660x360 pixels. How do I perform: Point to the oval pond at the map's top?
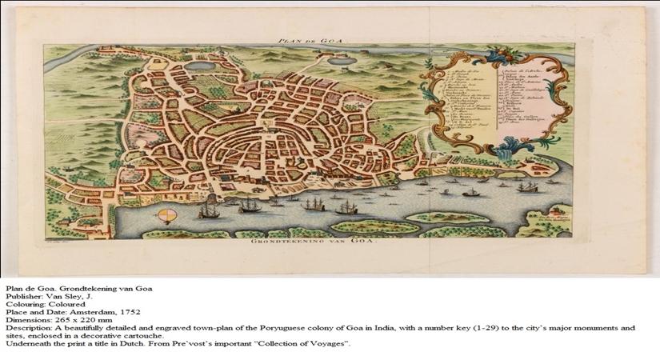tap(203, 66)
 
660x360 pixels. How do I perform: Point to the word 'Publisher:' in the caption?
tap(22, 296)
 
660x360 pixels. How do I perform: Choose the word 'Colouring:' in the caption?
tap(23, 304)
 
